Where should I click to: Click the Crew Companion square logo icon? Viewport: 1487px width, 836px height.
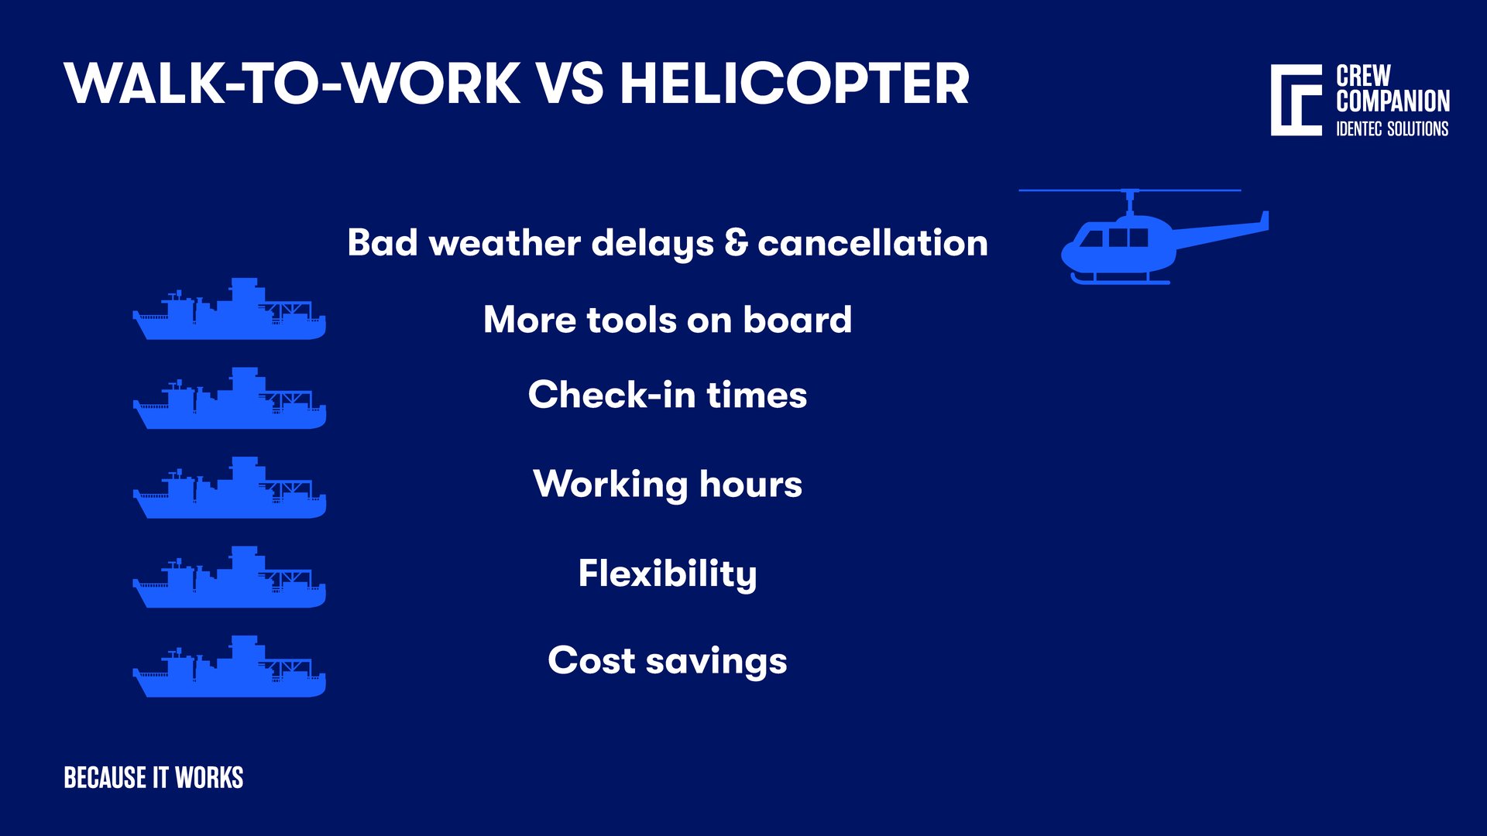pyautogui.click(x=1296, y=101)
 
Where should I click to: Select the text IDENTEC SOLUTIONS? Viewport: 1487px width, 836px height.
pyautogui.click(x=1392, y=129)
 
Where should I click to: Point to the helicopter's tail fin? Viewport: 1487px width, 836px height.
pyautogui.click(x=1263, y=221)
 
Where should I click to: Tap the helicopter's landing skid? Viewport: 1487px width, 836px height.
pyautogui.click(x=1120, y=279)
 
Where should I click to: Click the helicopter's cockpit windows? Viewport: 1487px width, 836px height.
pyautogui.click(x=1115, y=237)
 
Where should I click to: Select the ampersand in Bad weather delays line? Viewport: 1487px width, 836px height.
pyautogui.click(x=736, y=242)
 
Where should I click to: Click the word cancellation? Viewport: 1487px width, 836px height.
pyautogui.click(x=872, y=243)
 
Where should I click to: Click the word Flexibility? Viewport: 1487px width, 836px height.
pyautogui.click(x=667, y=574)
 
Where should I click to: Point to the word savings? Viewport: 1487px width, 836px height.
pyautogui.click(x=716, y=662)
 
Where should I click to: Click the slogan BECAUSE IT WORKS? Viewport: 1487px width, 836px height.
pyautogui.click(x=153, y=778)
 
